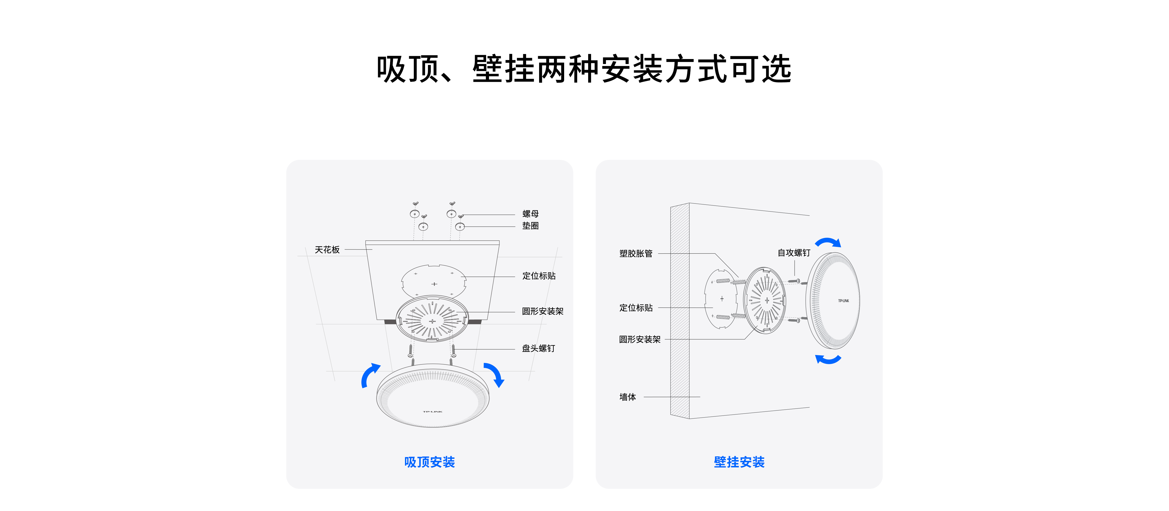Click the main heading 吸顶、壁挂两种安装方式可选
[584, 69]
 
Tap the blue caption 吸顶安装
[429, 462]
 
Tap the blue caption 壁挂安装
[739, 462]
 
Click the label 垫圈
[530, 226]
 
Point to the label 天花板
[327, 250]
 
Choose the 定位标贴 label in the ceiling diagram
[539, 276]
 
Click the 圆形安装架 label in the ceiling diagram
[542, 311]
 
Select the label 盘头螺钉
[538, 349]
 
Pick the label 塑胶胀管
[636, 253]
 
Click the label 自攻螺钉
[794, 253]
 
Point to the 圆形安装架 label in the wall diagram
[639, 339]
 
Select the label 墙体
[628, 397]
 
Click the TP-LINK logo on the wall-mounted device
[843, 301]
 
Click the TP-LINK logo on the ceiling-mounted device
[432, 411]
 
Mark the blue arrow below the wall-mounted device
[828, 359]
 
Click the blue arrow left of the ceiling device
[370, 375]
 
